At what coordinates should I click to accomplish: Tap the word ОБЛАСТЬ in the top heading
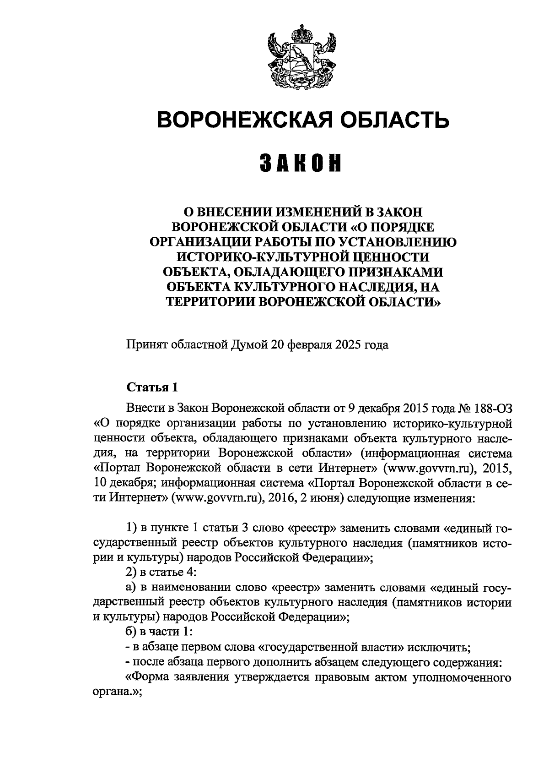tap(403, 120)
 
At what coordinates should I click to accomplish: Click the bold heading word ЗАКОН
tap(302, 164)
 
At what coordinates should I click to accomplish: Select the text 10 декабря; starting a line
tap(123, 483)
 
